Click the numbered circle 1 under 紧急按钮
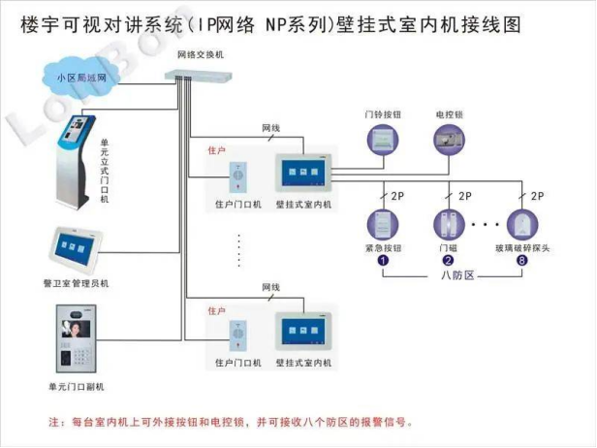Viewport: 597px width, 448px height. pos(383,260)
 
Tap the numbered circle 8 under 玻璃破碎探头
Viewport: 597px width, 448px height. pos(522,260)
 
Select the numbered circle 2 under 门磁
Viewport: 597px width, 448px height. pos(448,260)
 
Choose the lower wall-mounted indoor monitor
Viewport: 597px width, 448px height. pos(302,333)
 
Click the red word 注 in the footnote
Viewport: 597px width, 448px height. pos(54,423)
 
